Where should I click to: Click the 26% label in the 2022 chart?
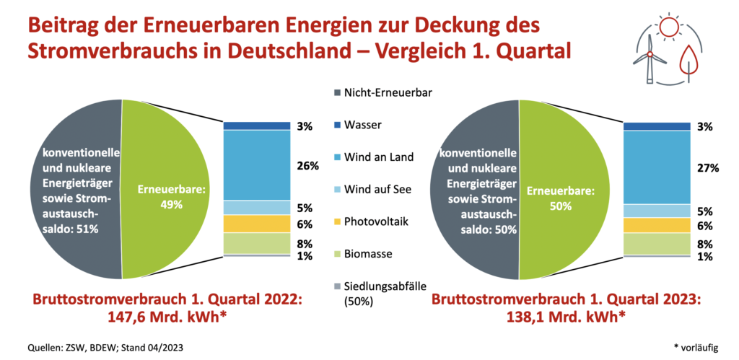point(307,166)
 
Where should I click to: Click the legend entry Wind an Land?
point(380,157)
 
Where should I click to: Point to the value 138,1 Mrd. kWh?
point(556,315)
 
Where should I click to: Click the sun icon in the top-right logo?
point(668,29)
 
